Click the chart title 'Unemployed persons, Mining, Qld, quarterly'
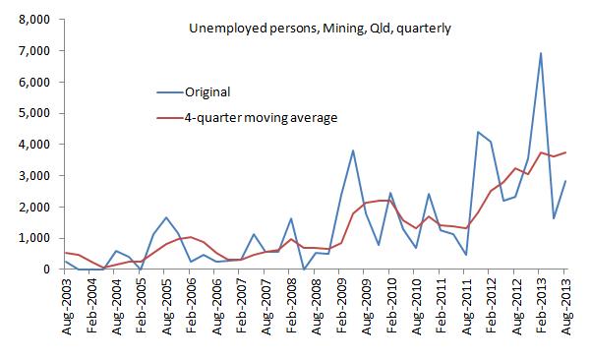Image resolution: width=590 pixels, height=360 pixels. [320, 29]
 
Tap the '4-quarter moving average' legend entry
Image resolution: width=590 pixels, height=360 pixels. [261, 118]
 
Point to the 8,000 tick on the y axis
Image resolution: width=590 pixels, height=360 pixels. [35, 19]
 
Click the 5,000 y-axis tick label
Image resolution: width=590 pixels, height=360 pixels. [35, 113]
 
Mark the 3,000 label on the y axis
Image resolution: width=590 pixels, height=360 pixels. [35, 176]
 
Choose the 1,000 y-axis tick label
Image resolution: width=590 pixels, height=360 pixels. [35, 238]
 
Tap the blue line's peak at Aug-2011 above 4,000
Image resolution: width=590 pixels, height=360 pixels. [478, 132]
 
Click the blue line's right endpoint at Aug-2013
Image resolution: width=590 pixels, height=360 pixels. [566, 181]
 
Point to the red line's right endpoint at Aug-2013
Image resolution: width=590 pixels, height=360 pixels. [566, 152]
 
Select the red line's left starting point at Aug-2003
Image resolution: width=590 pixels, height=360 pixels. [66, 253]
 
